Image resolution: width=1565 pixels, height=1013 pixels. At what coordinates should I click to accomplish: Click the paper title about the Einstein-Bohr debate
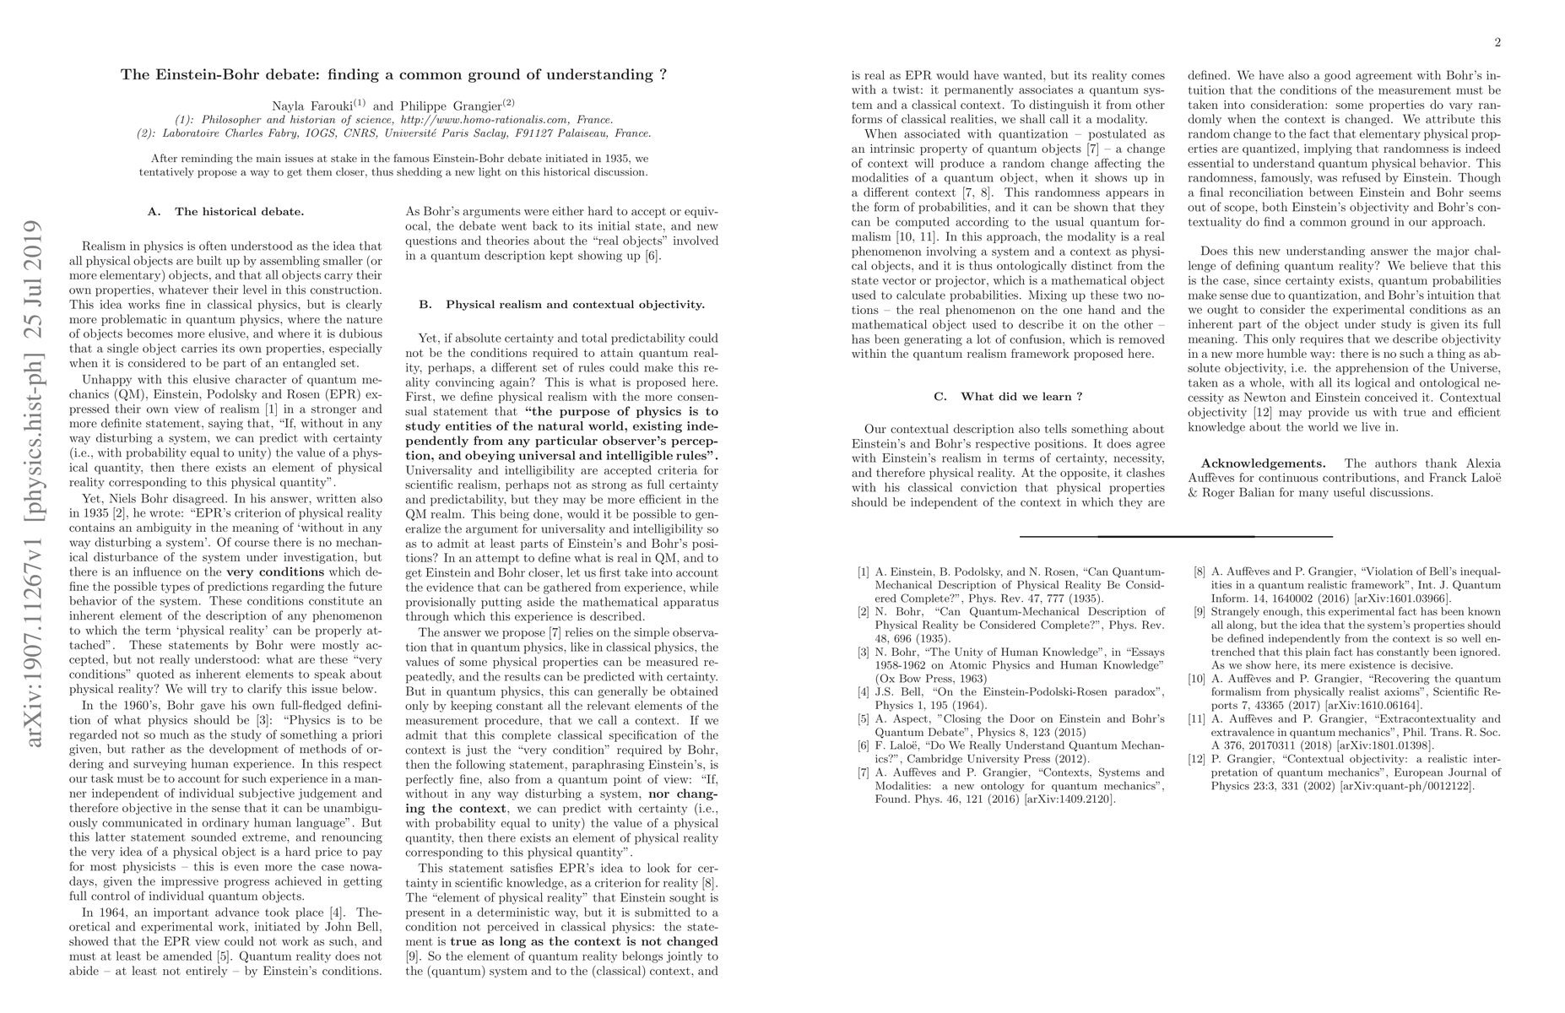coord(393,74)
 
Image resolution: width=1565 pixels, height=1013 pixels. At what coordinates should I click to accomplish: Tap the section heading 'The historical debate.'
coord(239,211)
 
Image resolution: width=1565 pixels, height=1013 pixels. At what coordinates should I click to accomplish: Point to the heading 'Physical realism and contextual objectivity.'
coord(575,304)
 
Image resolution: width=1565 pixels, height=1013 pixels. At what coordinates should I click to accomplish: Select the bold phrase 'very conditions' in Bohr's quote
coord(275,572)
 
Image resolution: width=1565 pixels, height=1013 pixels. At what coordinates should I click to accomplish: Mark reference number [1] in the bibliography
coord(863,572)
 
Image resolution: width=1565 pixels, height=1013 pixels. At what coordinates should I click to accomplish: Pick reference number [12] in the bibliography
coord(1198,757)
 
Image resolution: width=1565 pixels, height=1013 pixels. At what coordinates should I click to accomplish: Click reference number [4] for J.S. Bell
coord(863,692)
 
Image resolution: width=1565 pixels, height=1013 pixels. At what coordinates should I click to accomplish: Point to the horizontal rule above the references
coord(1176,536)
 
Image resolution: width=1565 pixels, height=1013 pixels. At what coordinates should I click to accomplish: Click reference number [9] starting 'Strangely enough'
coord(1199,612)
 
